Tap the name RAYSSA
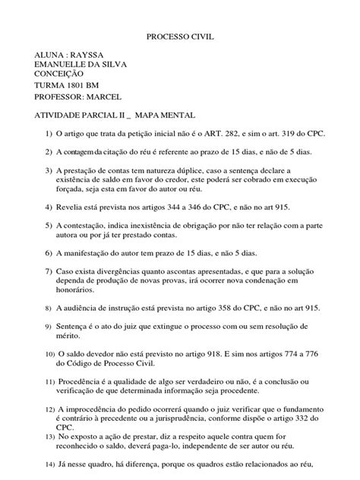[87, 55]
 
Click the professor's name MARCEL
[106, 97]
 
